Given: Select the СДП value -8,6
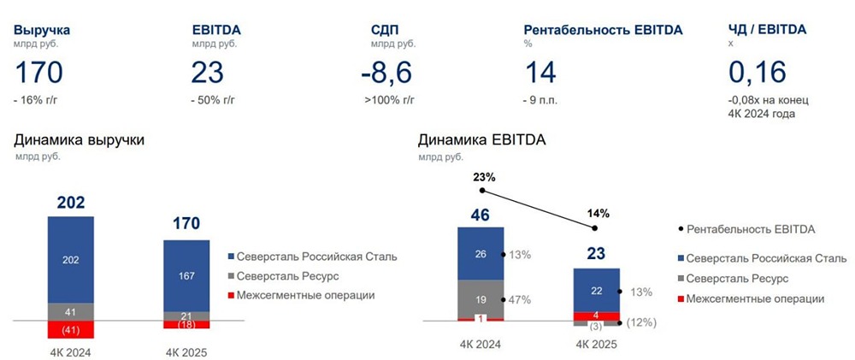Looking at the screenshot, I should coord(390,72).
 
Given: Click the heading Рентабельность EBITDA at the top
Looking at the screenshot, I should coord(603,30).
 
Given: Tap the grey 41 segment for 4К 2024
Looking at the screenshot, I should coord(71,312).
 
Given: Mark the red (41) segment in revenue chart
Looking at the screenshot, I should coord(71,329).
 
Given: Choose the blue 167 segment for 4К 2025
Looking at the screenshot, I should coord(186,275).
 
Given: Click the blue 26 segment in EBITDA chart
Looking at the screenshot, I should coord(481,253).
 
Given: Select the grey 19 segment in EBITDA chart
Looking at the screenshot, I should coord(481,299).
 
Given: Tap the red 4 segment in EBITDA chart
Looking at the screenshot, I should coord(596,316).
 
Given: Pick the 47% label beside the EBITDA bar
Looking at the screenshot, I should coord(520,299).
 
